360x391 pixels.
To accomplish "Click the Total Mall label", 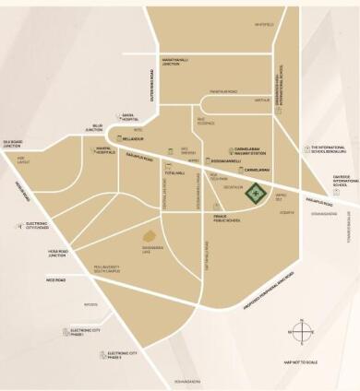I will coord(174,172).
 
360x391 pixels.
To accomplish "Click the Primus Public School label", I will coord(226,219).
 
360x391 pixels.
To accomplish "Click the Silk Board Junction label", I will coord(12,144).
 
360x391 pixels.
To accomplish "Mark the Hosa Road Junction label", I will coord(58,253).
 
